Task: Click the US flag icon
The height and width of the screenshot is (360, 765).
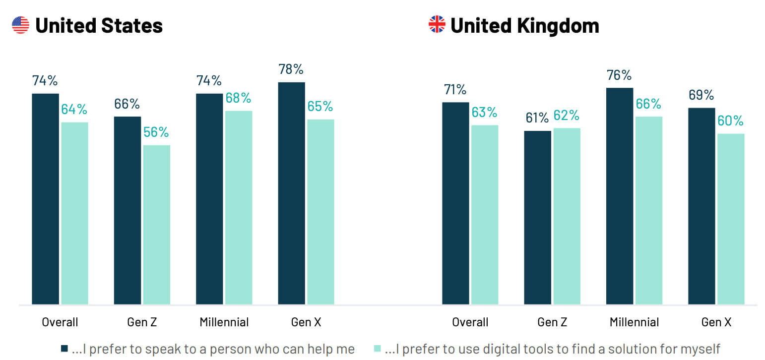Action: (x=20, y=25)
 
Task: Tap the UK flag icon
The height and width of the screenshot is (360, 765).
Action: (x=437, y=24)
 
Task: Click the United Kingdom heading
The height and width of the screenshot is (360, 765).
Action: (x=524, y=25)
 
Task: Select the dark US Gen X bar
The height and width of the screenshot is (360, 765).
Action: (x=291, y=193)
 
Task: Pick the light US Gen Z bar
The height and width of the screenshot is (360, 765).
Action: (x=156, y=224)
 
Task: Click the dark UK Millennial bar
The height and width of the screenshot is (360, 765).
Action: (x=620, y=196)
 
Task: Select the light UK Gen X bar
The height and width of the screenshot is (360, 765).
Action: (x=731, y=219)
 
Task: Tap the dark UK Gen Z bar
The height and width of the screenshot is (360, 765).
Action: (x=538, y=217)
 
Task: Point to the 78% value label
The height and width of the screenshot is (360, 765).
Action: (x=291, y=69)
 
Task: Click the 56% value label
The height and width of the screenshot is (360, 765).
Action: (x=156, y=132)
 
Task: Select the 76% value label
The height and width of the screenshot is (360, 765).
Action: (x=619, y=75)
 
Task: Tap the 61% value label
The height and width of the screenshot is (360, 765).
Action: (x=537, y=118)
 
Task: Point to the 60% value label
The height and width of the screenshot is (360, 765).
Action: (x=731, y=121)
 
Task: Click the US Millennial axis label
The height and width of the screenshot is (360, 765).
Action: (x=224, y=322)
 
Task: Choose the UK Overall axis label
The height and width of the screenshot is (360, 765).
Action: (x=470, y=322)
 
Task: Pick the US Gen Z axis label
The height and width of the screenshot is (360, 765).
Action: (x=142, y=322)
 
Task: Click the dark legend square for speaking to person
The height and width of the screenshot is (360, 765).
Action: (x=64, y=349)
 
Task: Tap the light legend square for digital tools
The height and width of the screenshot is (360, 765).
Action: (x=377, y=349)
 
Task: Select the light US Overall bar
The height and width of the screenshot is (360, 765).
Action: (x=74, y=213)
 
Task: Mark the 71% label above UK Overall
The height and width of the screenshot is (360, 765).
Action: (x=455, y=90)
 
